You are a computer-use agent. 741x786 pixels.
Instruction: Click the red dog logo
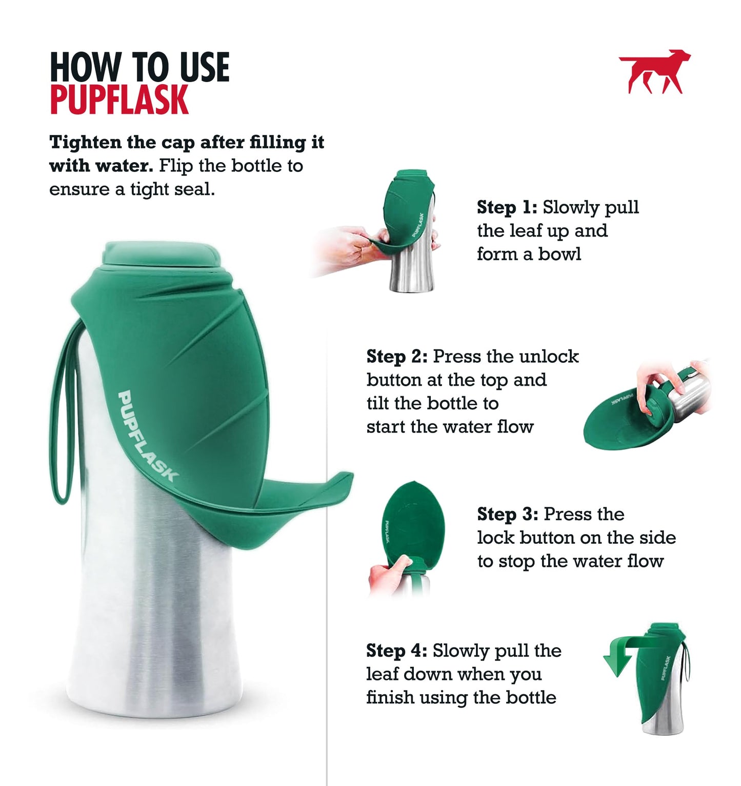(655, 72)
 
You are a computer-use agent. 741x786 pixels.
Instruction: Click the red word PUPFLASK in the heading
(119, 100)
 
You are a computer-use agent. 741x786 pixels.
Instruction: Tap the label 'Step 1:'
(507, 207)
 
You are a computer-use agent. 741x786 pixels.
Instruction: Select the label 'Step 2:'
(397, 357)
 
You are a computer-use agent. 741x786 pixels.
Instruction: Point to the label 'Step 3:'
(507, 514)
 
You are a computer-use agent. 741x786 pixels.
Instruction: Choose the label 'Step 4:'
(396, 651)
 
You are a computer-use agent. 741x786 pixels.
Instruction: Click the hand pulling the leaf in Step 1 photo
(349, 246)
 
